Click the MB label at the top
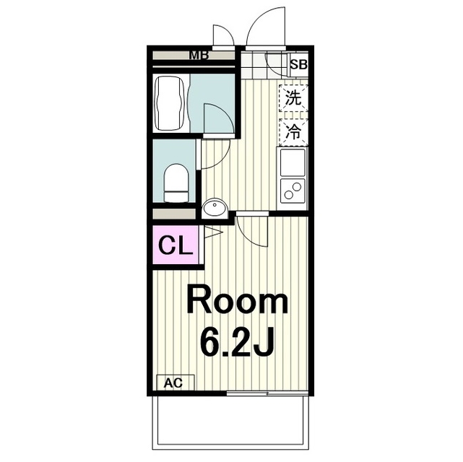[194, 55]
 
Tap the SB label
[298, 64]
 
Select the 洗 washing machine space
[293, 99]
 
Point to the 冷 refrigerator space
[293, 131]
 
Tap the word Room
[238, 302]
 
